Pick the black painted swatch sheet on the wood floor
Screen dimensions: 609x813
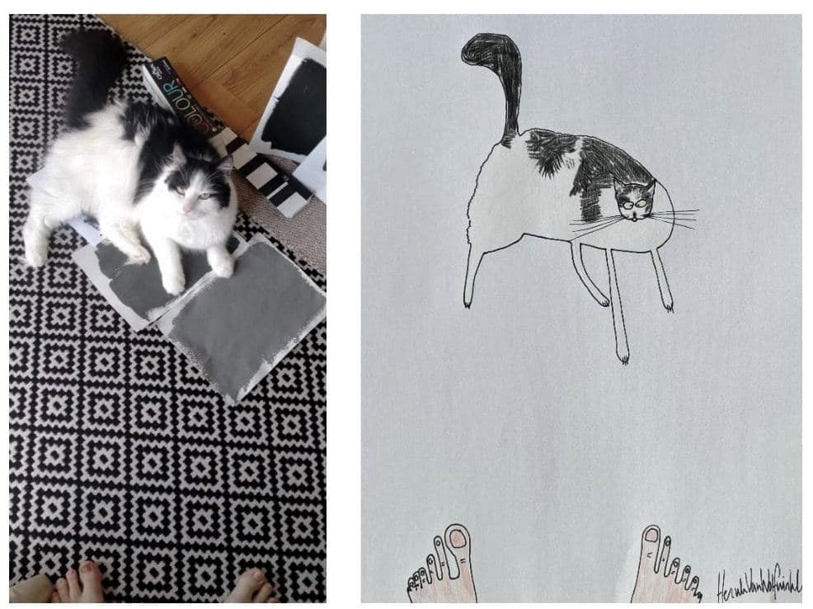tap(294, 107)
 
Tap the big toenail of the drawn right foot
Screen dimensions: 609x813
tap(651, 536)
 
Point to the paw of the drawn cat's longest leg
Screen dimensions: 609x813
tap(623, 357)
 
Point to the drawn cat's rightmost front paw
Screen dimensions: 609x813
tap(667, 306)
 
